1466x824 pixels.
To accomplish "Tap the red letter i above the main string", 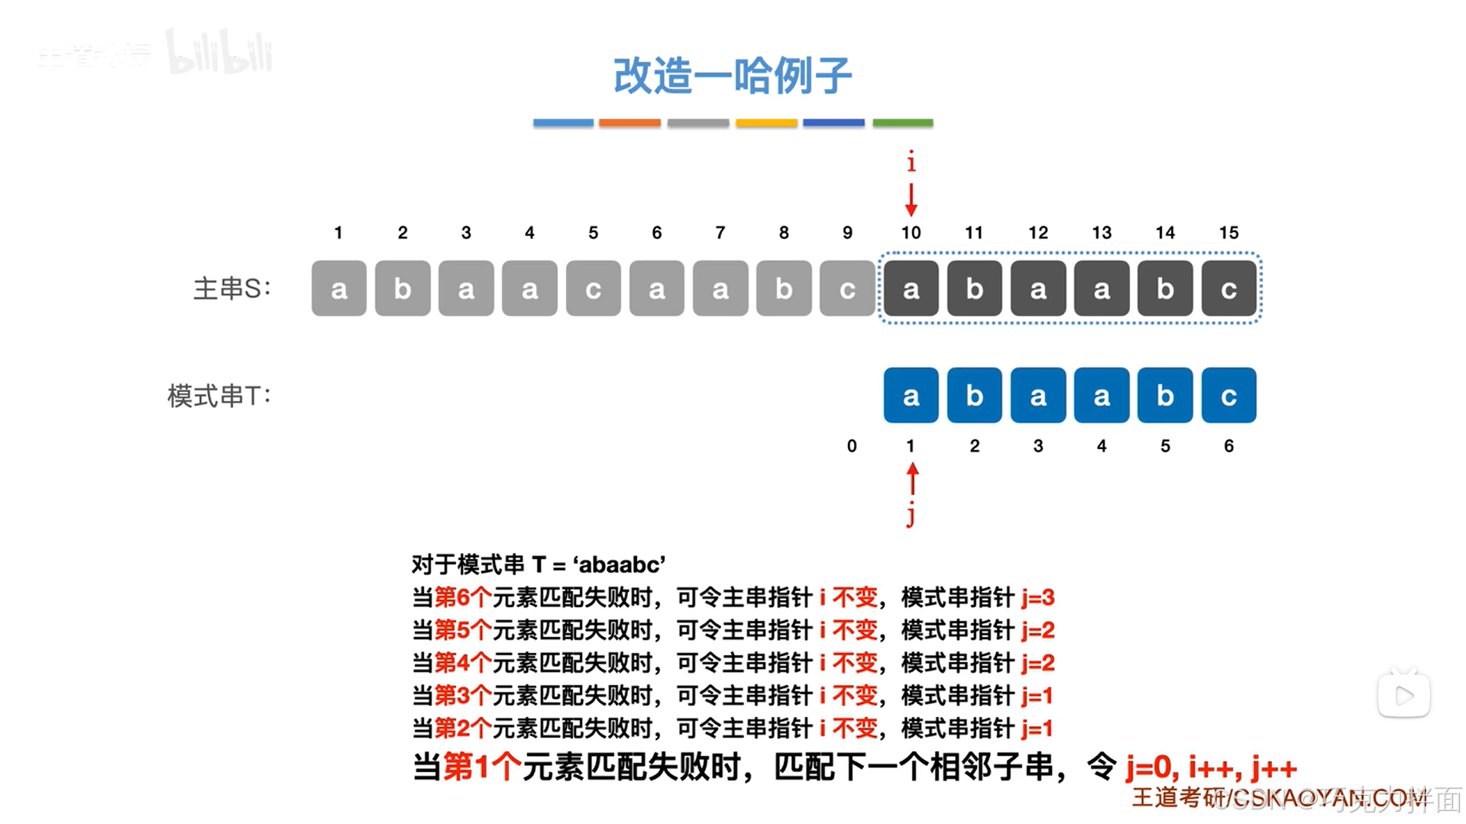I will click(x=911, y=162).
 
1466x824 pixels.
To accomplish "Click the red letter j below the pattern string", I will click(x=911, y=515).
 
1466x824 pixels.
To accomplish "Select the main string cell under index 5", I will click(x=593, y=289).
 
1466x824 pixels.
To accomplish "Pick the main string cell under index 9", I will click(x=846, y=289).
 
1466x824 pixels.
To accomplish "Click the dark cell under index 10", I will click(x=911, y=289).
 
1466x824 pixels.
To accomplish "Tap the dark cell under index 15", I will click(x=1228, y=289).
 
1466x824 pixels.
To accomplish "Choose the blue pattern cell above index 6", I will click(x=1228, y=396).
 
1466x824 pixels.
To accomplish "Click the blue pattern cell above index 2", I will click(x=974, y=396).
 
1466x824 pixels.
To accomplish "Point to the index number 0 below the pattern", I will click(x=852, y=446).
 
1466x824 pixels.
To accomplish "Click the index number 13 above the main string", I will click(x=1101, y=233).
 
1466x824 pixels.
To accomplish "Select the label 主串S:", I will click(x=231, y=289).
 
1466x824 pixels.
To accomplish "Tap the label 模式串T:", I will click(x=219, y=396).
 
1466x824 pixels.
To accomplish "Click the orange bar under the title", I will click(x=629, y=122).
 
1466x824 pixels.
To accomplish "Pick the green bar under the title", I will click(x=902, y=122).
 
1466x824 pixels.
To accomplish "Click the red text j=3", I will click(x=1037, y=597).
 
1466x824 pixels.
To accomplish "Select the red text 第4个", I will click(x=462, y=663).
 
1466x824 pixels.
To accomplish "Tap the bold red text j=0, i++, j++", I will click(x=1211, y=767).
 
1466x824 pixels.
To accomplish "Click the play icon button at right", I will click(x=1403, y=695).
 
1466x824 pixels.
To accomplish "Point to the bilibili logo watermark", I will click(x=220, y=53).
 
